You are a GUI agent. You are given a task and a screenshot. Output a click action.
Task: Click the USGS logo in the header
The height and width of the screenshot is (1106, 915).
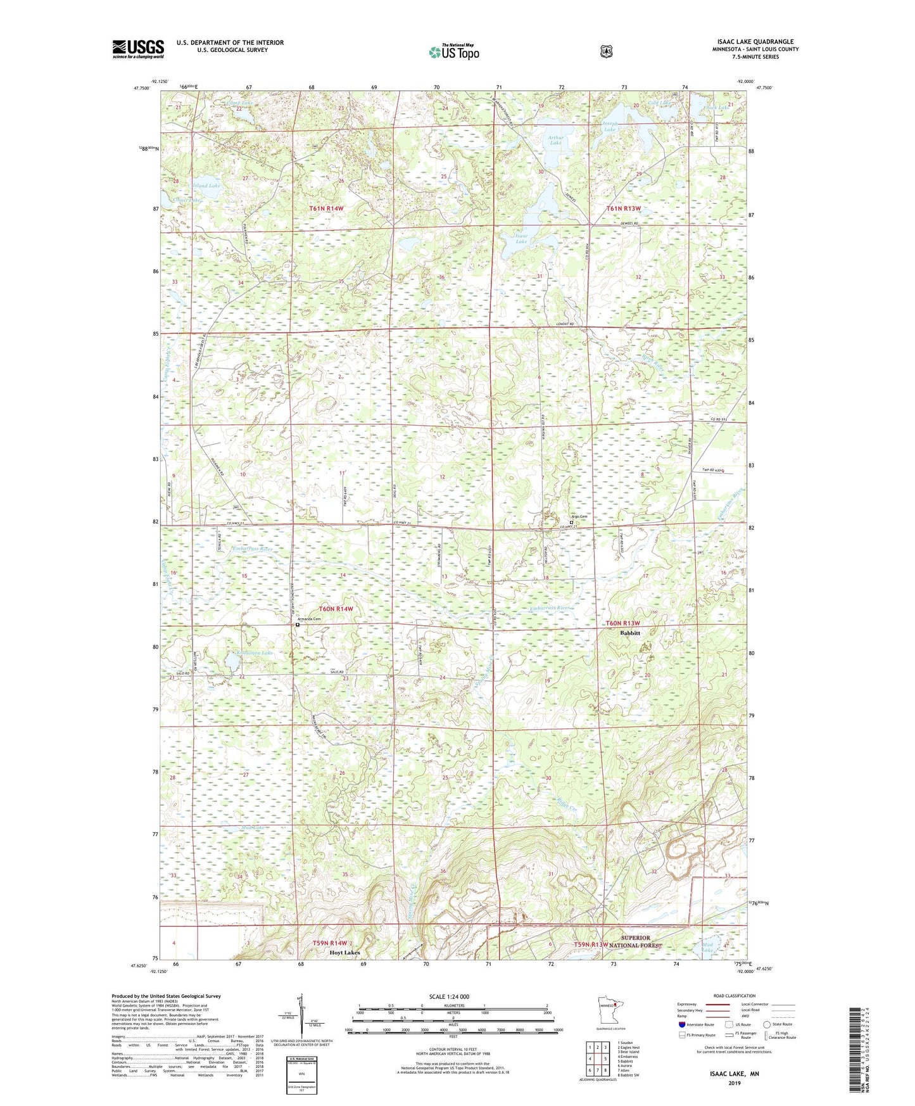(138, 49)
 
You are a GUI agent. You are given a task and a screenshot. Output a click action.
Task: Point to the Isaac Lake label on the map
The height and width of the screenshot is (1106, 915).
(521, 238)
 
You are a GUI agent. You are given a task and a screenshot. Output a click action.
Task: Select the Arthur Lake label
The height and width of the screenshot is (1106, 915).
(555, 140)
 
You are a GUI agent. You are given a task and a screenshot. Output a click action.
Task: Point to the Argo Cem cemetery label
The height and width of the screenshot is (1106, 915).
(579, 516)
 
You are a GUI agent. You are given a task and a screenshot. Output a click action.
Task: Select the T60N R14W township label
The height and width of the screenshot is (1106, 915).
(336, 609)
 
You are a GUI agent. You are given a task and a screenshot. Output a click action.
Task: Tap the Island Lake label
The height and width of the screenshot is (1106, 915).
(206, 186)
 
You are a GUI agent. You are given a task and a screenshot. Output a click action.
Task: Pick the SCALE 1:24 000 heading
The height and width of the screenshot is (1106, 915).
(449, 996)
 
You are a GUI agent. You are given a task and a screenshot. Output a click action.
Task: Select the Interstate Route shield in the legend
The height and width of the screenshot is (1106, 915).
(681, 1024)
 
